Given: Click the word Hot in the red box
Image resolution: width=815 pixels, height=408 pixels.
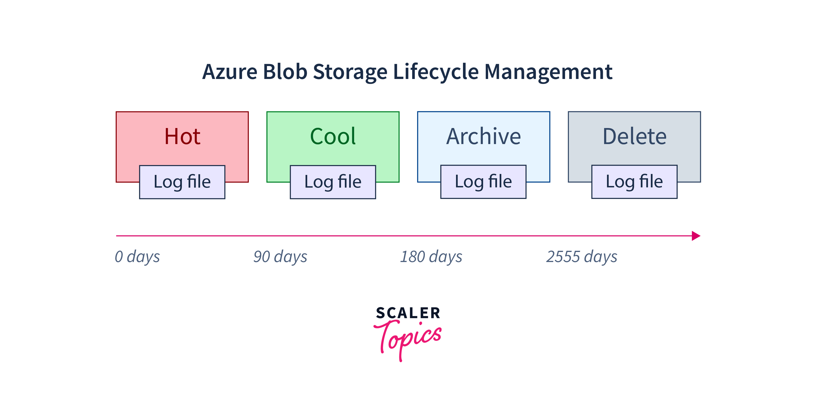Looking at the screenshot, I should tap(182, 137).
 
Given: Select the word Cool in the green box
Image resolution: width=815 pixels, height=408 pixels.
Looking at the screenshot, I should tap(333, 137).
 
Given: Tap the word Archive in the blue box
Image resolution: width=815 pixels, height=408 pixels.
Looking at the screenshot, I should tap(483, 137).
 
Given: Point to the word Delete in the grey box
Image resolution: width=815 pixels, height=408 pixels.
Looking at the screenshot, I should tap(634, 137).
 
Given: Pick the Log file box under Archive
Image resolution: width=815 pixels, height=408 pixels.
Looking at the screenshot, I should tap(483, 182).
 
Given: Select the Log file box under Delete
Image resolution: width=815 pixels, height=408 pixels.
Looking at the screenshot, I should tap(634, 182).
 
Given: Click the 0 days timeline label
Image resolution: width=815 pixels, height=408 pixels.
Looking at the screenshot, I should tap(137, 257).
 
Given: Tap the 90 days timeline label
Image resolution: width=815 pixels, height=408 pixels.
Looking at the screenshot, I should tap(280, 257).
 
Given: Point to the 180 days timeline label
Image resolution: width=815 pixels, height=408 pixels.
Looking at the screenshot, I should tap(431, 257).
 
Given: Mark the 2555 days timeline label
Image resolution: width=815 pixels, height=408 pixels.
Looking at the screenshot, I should tap(582, 257).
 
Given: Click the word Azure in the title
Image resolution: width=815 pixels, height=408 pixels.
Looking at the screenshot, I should tap(230, 72).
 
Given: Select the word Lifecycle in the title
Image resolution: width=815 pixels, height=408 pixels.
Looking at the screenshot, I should tap(436, 72).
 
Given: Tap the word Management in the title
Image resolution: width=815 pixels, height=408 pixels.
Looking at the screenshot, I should tap(548, 72).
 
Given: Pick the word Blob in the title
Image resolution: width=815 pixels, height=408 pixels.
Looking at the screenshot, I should tap(285, 72).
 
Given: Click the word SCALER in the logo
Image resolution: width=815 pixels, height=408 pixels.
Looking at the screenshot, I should tap(408, 313).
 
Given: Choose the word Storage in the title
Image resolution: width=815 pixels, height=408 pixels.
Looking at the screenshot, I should tap(350, 72).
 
